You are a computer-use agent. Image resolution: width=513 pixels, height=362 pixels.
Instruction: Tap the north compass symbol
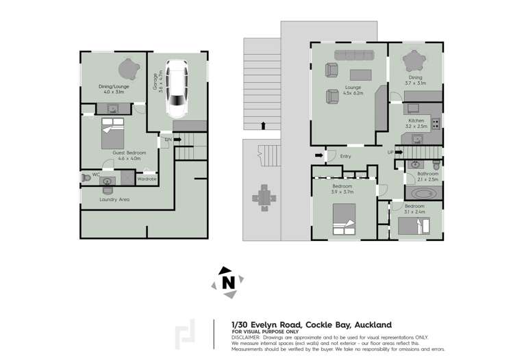coord(228,282)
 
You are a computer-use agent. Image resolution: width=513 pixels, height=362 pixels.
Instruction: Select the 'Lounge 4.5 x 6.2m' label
coord(353,90)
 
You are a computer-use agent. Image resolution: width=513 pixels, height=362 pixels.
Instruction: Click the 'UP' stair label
coord(390,152)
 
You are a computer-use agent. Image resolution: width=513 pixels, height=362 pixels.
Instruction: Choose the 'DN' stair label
coord(168,140)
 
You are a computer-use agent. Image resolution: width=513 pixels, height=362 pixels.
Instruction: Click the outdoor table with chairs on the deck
coord(264,198)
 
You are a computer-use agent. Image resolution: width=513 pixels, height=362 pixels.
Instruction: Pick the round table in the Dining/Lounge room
coord(127,68)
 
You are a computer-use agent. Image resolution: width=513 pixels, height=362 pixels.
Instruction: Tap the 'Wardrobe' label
coord(147,179)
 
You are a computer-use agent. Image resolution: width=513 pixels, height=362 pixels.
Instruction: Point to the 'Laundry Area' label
coord(114,199)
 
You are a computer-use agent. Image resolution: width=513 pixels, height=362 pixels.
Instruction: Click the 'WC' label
coord(96,175)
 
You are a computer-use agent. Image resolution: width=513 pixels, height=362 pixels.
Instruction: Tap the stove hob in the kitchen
coord(435,124)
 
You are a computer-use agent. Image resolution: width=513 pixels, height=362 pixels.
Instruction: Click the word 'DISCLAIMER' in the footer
coord(245,337)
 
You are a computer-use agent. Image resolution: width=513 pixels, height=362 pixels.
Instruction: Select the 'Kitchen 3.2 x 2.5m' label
coord(416,123)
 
